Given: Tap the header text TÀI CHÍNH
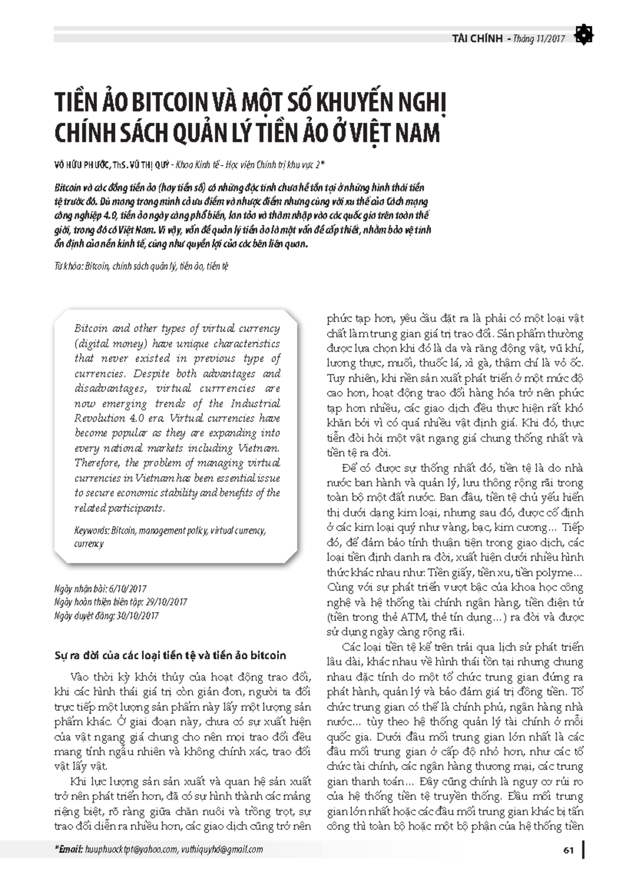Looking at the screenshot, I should (x=476, y=39).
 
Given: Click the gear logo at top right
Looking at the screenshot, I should (x=583, y=35).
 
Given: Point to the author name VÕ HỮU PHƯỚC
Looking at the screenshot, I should (x=81, y=165).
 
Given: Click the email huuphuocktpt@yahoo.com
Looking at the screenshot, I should (x=131, y=849).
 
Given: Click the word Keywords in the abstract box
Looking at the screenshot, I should (x=91, y=531).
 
